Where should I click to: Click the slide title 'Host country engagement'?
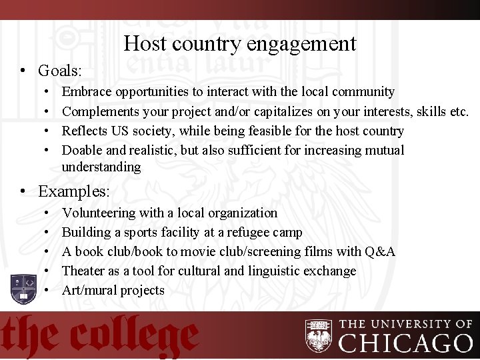[x=240, y=44]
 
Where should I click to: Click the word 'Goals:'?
[x=59, y=70]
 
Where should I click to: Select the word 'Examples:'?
[x=73, y=191]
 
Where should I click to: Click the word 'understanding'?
[x=101, y=167]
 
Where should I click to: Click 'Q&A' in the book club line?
[x=380, y=252]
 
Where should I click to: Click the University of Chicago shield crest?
[x=318, y=335]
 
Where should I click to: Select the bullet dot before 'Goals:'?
[x=23, y=71]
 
